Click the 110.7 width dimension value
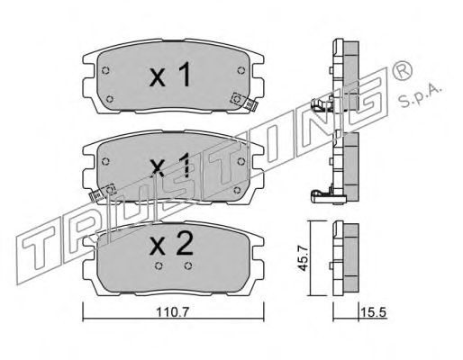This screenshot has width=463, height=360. (172, 312)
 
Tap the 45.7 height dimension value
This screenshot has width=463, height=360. (304, 258)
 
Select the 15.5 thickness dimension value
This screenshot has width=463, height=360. (373, 312)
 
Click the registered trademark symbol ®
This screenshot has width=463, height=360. (403, 70)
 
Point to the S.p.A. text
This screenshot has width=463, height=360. (421, 95)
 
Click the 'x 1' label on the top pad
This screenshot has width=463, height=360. (170, 75)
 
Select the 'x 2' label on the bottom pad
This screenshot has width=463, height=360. (171, 244)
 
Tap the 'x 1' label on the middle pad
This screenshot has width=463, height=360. (170, 165)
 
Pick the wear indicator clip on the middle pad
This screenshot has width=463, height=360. (103, 193)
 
